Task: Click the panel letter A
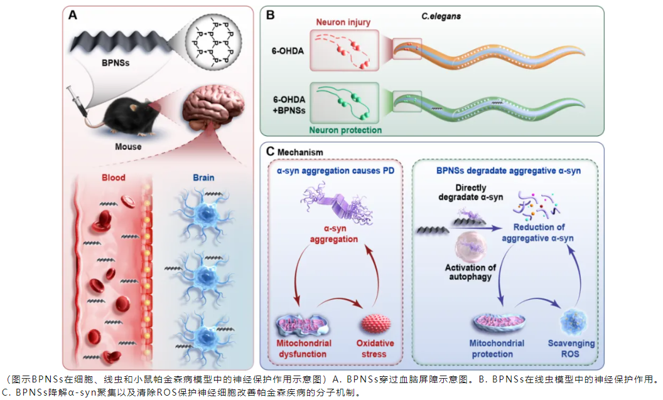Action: [x=73, y=16]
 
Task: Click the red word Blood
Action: [x=114, y=177]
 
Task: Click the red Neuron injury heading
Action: [x=343, y=23]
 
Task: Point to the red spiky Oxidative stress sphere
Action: [x=375, y=324]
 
